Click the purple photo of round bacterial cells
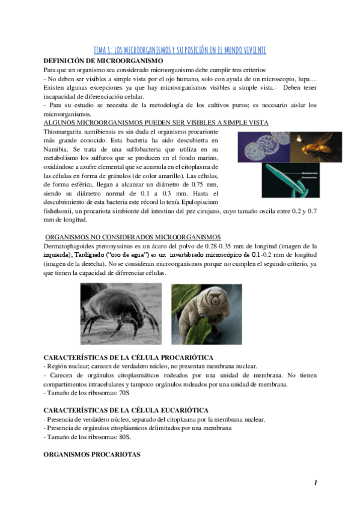tap(260, 144)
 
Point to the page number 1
tap(315, 484)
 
